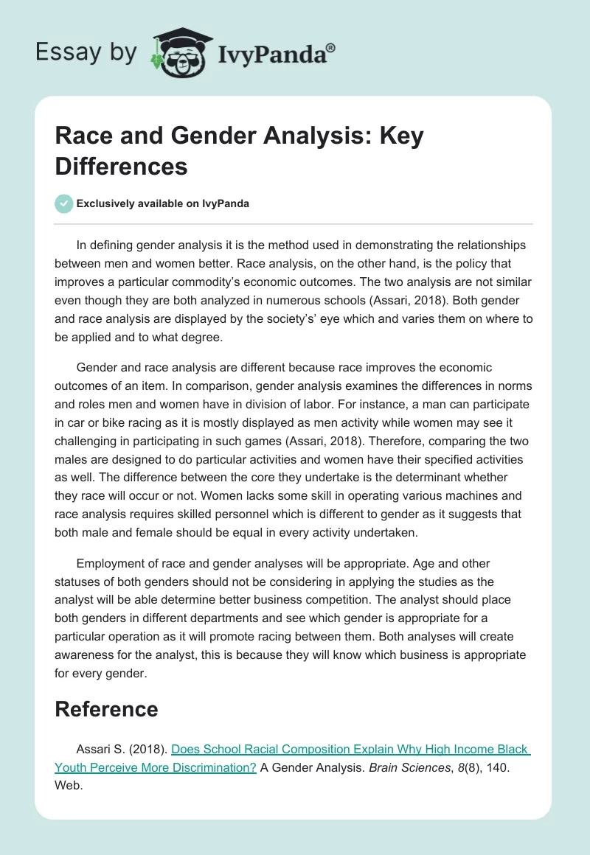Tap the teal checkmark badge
tap(64, 203)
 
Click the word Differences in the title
tap(121, 167)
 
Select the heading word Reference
tap(106, 709)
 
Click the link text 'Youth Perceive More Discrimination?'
tap(156, 767)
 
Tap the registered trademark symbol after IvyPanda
tap(330, 47)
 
